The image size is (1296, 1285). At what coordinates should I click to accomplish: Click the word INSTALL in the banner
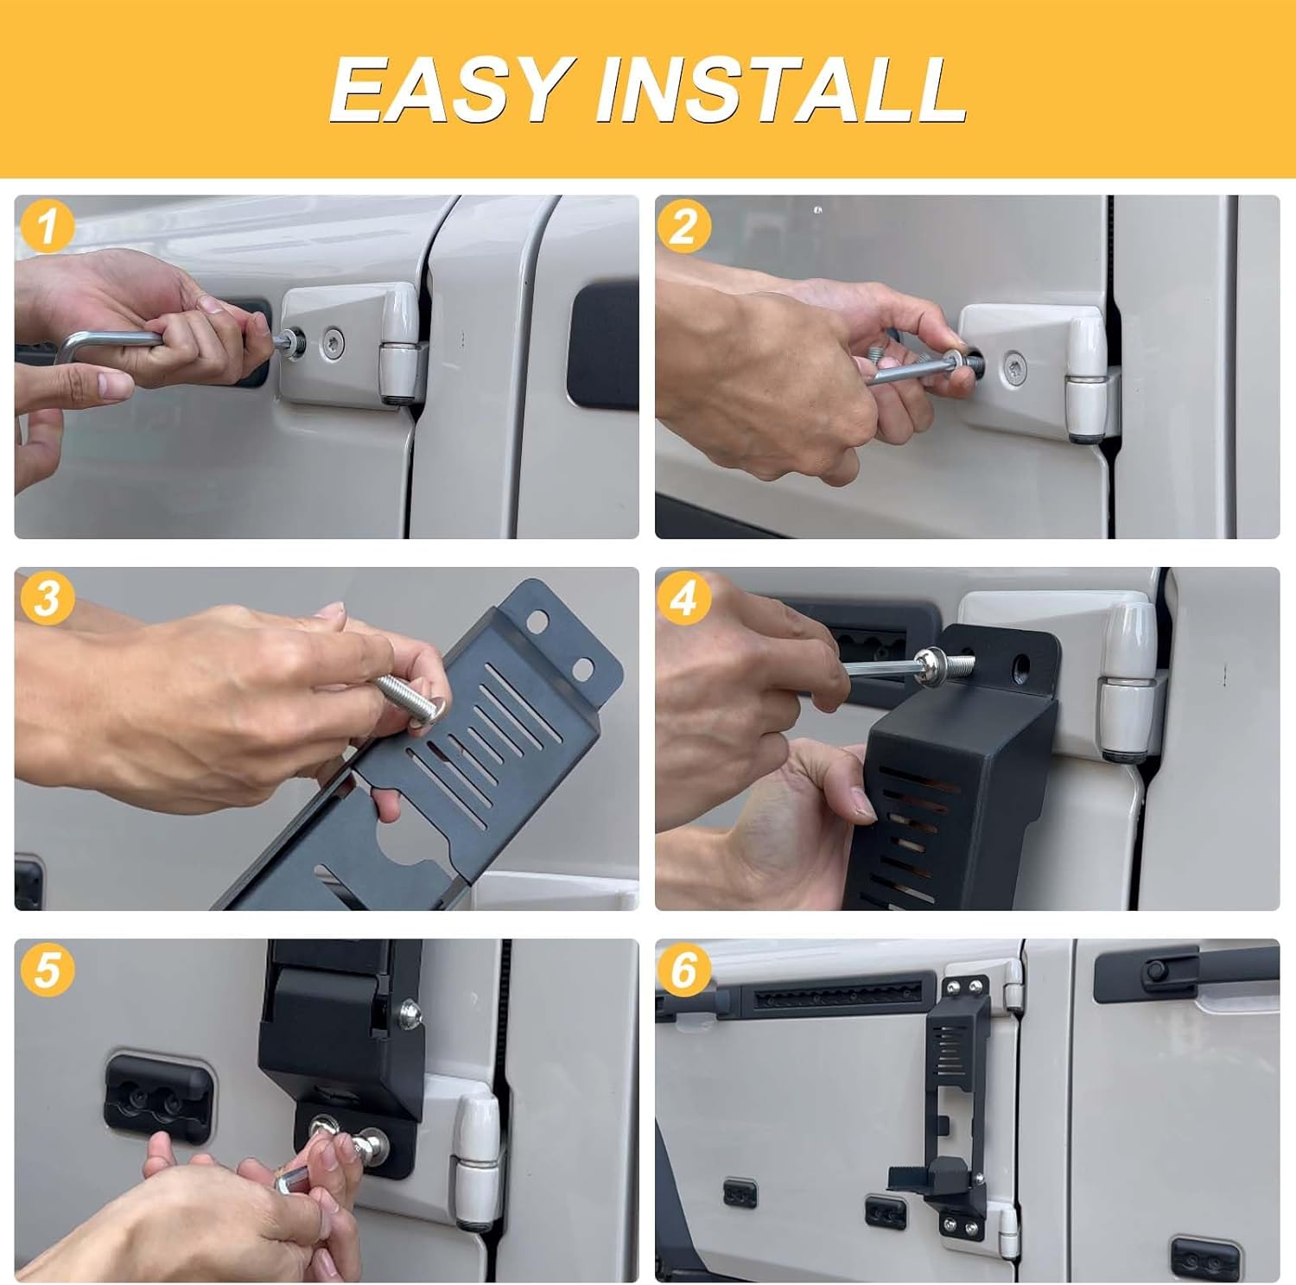[781, 89]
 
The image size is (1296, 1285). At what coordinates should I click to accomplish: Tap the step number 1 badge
[47, 226]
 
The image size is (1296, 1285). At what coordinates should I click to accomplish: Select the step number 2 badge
[683, 226]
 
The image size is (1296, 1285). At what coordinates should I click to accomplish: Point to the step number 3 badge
[47, 598]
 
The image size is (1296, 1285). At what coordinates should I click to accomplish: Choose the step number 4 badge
[683, 598]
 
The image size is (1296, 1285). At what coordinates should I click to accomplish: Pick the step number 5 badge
[47, 970]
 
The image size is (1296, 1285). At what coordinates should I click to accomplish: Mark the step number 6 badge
[683, 970]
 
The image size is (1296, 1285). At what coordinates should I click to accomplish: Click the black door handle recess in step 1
[603, 344]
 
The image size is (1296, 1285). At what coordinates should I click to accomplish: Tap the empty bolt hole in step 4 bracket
[1022, 665]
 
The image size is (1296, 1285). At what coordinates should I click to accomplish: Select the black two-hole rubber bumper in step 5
[157, 1098]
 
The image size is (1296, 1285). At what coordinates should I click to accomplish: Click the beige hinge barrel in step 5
[477, 1158]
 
